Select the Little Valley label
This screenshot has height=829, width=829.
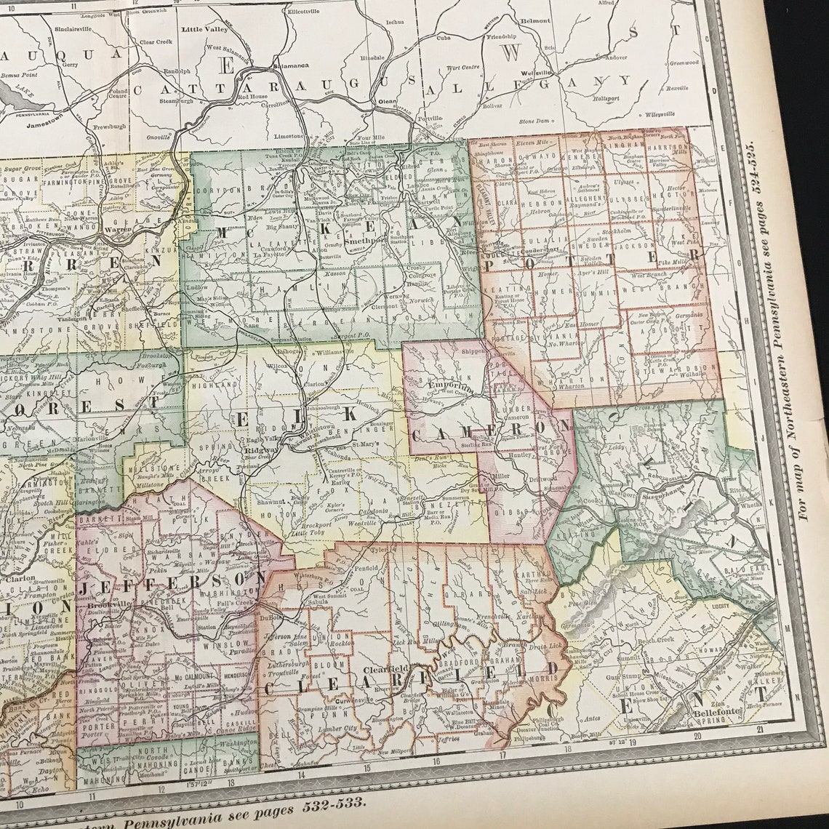[204, 30]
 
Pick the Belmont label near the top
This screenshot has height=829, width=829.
[535, 21]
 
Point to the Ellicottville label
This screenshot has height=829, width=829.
[308, 12]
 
